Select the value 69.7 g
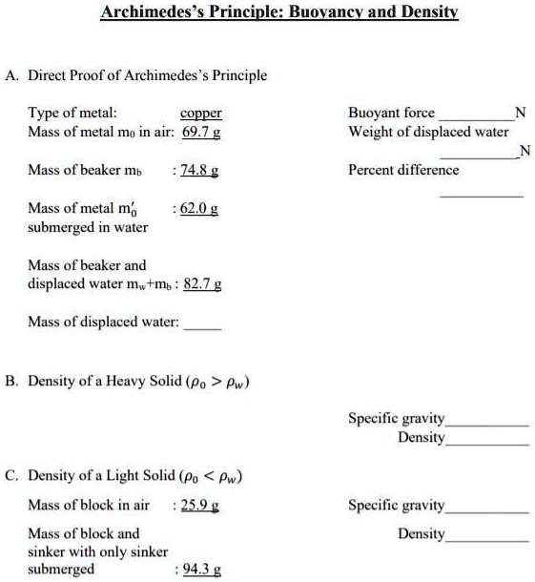[202, 131]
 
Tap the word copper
[201, 113]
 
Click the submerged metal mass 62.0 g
[200, 208]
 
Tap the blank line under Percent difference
[481, 194]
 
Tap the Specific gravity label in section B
[397, 418]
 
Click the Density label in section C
[422, 532]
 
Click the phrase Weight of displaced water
[428, 131]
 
